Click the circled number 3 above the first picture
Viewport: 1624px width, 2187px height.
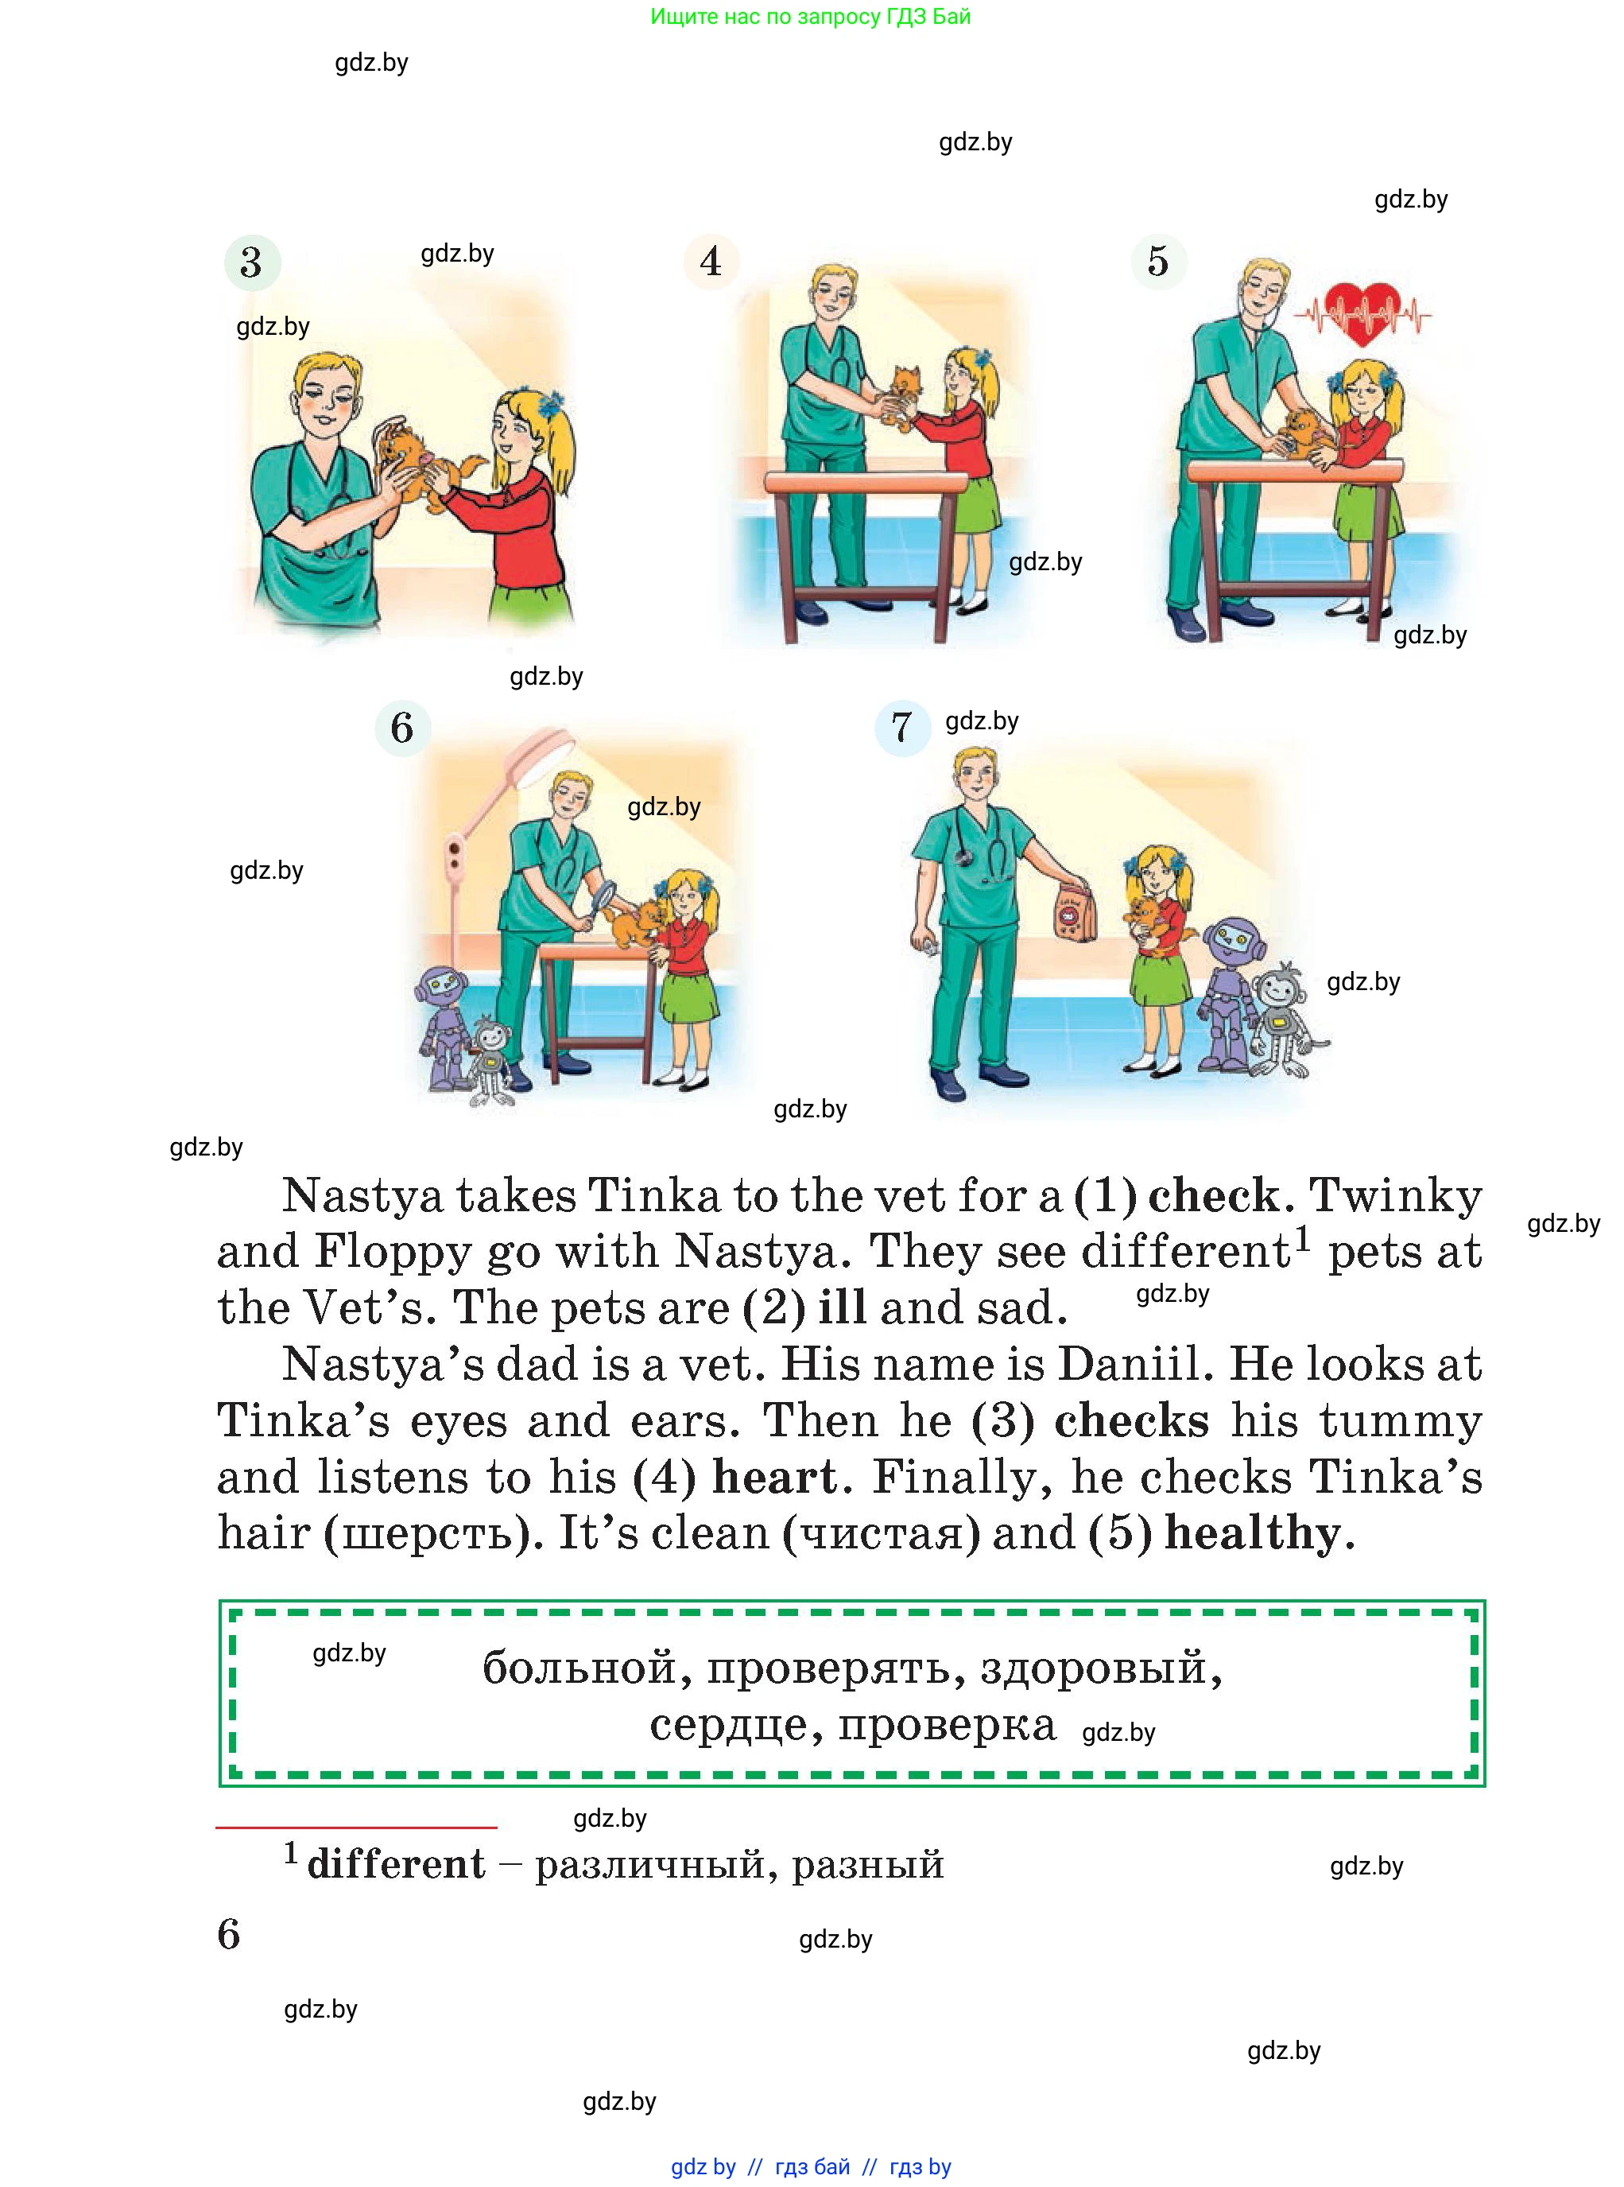(x=253, y=262)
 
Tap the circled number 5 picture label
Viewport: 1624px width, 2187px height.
(x=1159, y=262)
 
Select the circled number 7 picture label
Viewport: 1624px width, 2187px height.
(x=902, y=728)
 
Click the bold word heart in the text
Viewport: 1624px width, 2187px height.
(x=776, y=1476)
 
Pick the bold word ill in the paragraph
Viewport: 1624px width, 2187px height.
(x=843, y=1308)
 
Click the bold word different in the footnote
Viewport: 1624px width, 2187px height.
(x=396, y=1864)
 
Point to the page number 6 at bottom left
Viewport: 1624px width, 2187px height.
(x=228, y=1934)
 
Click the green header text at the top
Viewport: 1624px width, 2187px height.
(x=811, y=17)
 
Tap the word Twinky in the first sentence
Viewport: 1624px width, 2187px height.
(x=1396, y=1197)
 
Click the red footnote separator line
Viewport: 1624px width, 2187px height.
(x=356, y=1827)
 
